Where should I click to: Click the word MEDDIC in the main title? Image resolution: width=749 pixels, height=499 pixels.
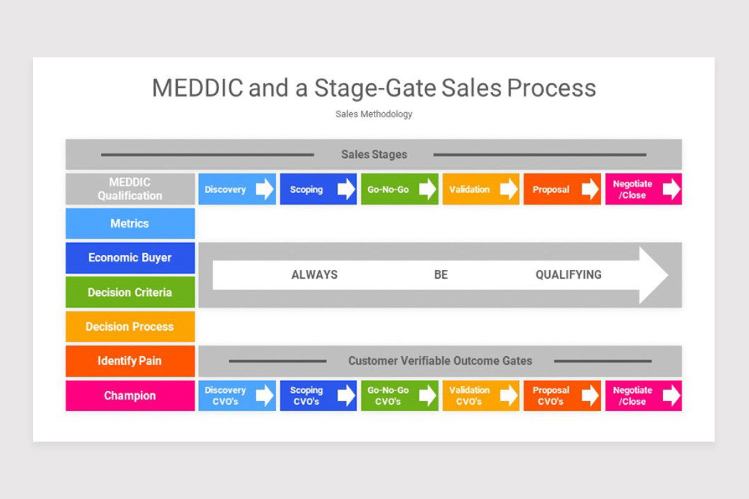click(197, 88)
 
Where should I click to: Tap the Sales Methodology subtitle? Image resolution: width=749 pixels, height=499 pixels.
click(374, 114)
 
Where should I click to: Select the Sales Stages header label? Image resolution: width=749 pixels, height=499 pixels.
click(374, 155)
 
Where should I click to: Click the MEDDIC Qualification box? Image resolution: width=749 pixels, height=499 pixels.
click(130, 189)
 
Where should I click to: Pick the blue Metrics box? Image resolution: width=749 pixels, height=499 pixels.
click(130, 223)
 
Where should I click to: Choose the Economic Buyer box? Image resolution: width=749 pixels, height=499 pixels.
click(130, 258)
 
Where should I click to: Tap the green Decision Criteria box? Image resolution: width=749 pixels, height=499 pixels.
click(130, 292)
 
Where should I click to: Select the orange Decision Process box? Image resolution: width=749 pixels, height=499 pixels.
click(130, 327)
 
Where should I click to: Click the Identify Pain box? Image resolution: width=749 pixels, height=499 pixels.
click(130, 361)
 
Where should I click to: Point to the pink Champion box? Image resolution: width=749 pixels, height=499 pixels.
click(130, 395)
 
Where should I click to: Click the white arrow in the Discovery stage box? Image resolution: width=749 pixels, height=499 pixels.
click(265, 189)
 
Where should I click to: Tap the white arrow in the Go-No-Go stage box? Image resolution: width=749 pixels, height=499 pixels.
click(428, 189)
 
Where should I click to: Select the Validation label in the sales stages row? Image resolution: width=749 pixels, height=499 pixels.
click(469, 190)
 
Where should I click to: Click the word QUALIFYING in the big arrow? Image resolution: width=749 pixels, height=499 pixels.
click(569, 274)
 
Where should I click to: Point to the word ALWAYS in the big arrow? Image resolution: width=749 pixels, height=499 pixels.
click(315, 274)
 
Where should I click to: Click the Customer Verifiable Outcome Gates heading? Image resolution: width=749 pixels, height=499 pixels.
click(440, 361)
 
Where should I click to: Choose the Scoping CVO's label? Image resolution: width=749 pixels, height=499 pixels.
click(306, 395)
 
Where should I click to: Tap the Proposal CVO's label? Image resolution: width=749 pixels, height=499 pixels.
click(551, 395)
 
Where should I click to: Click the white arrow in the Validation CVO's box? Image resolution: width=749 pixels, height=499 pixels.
click(509, 395)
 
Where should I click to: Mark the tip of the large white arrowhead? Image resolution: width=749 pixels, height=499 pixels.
click(668, 275)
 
